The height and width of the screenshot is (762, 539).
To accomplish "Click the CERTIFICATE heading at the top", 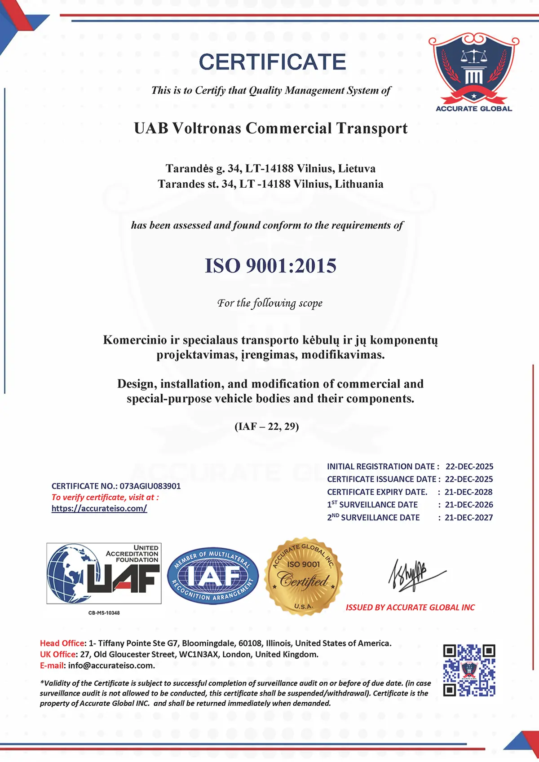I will (272, 62).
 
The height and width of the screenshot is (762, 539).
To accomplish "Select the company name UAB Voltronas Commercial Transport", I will (270, 128).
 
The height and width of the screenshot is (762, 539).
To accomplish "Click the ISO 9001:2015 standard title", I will (270, 266).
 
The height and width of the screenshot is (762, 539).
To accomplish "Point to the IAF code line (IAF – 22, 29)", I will (267, 426).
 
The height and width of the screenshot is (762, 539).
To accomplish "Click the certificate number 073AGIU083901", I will (150, 486).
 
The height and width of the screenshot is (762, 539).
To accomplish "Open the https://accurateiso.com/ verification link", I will (99, 508).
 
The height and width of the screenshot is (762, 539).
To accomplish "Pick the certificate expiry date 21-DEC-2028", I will (468, 492).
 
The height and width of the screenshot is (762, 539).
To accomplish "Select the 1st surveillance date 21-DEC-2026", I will (469, 505).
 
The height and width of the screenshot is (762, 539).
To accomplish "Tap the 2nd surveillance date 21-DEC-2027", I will (469, 517).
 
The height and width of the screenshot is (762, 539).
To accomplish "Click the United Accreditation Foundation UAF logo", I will (104, 573).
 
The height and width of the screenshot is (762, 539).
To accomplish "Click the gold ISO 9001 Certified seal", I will (304, 576).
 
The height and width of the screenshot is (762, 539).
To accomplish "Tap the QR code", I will (469, 670).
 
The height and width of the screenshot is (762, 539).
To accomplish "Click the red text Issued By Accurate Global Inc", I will (410, 608).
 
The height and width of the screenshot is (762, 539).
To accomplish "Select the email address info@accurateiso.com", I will (111, 665).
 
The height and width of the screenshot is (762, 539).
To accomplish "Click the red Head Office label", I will (62, 643).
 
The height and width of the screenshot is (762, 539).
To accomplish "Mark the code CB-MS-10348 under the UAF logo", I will (104, 613).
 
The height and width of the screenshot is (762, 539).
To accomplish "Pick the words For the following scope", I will (270, 304).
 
